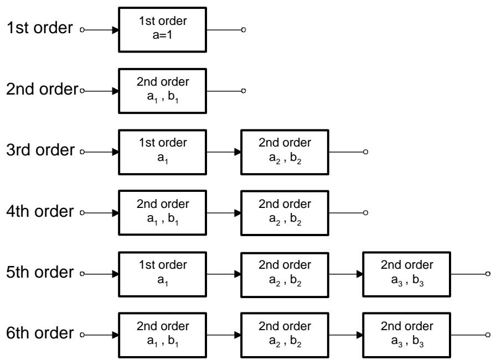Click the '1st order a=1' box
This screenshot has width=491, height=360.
click(x=162, y=30)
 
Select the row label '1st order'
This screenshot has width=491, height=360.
click(x=40, y=28)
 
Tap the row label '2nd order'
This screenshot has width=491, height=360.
click(x=42, y=89)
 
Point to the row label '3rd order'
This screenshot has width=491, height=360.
click(x=40, y=150)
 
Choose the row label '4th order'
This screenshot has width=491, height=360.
click(x=40, y=211)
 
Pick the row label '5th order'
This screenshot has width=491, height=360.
click(x=40, y=272)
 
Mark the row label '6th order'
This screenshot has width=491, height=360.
click(x=40, y=333)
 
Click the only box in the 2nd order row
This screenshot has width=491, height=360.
click(x=162, y=91)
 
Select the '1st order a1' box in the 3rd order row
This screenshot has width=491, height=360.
click(x=162, y=152)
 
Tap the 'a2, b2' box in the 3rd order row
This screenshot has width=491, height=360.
click(x=285, y=152)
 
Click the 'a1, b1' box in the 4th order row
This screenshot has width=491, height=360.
click(x=162, y=213)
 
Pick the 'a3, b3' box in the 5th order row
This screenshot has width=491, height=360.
click(x=406, y=274)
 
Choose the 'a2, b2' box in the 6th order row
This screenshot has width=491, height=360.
click(x=285, y=335)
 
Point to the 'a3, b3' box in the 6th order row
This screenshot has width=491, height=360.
click(x=406, y=335)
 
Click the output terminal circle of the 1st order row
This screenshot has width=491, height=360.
click(x=244, y=30)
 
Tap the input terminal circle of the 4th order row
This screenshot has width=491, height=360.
click(x=82, y=213)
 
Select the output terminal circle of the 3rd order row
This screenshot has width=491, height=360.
click(x=365, y=152)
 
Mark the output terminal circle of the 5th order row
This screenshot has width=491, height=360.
click(x=488, y=274)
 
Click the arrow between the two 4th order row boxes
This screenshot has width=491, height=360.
click(x=224, y=213)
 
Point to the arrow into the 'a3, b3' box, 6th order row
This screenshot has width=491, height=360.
click(x=346, y=335)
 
